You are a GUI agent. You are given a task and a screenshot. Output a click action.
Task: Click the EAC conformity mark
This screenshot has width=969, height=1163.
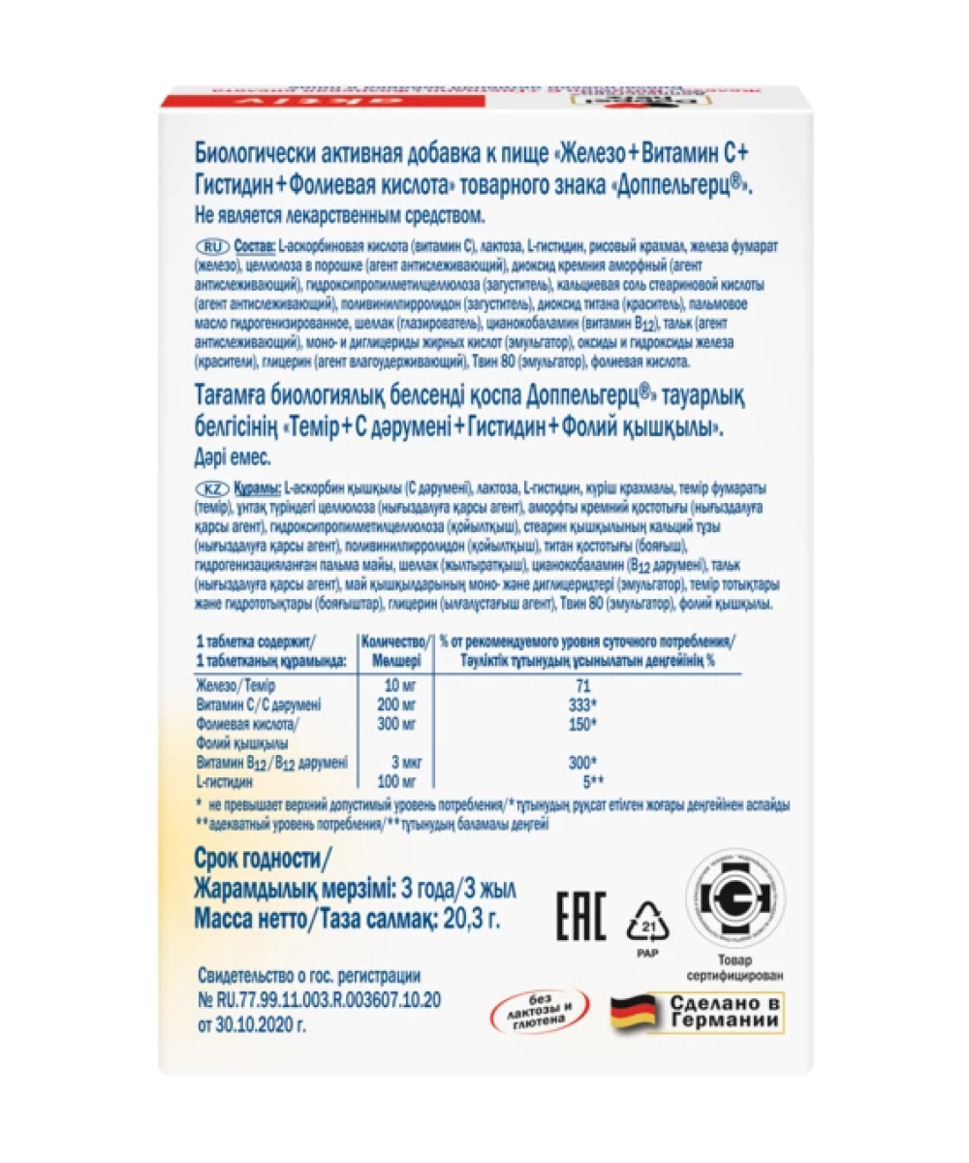pos(580,914)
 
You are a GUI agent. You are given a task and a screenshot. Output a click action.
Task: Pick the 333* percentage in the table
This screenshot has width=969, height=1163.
pos(581,705)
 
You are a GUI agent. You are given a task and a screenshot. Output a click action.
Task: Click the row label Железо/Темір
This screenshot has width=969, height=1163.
pos(235,685)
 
